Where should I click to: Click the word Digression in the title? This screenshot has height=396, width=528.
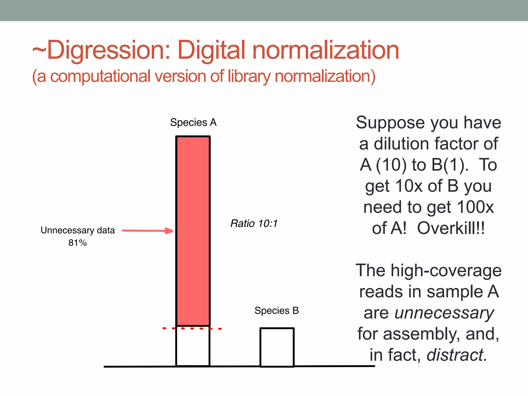108,50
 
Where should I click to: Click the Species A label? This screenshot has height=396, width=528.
193,122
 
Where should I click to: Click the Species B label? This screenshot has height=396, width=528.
277,311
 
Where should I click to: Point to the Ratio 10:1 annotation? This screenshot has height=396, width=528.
254,224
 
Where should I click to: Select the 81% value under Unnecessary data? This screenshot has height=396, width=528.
78,243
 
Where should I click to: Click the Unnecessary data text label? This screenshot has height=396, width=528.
78,230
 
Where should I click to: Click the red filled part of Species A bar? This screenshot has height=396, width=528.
193,231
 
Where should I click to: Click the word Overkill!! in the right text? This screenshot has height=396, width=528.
451,228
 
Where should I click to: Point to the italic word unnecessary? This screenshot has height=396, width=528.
444,313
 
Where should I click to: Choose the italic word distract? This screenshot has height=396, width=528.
457,355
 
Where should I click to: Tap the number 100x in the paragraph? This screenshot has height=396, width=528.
475,207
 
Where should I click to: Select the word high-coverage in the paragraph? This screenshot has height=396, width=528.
446,271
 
